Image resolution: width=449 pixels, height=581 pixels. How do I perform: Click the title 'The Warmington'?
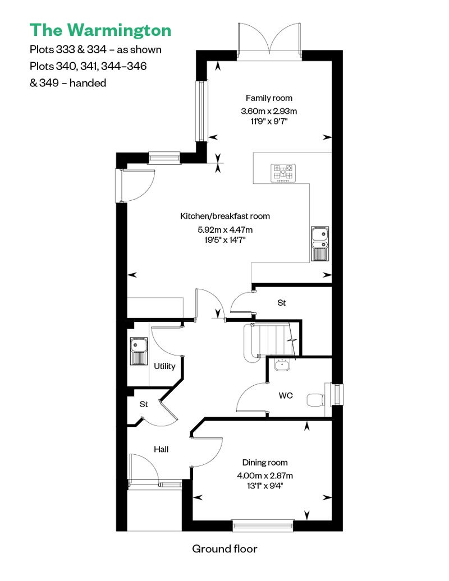(100, 30)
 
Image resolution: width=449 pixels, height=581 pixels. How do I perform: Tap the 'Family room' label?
(269, 98)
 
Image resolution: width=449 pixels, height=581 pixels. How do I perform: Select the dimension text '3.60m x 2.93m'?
(269, 111)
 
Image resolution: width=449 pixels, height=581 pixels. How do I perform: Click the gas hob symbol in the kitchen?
(283, 173)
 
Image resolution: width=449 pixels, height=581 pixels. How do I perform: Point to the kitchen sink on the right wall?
(319, 243)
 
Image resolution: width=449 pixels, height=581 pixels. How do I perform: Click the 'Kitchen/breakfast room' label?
(225, 216)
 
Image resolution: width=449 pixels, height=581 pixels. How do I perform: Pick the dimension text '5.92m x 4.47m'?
(225, 229)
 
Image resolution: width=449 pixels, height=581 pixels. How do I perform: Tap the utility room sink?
(138, 351)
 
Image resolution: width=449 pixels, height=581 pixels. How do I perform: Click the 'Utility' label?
(164, 366)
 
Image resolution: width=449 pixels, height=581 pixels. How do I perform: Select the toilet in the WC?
(316, 400)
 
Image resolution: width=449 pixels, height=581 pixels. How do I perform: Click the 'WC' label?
(286, 395)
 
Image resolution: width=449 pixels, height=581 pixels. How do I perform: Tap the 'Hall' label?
(161, 449)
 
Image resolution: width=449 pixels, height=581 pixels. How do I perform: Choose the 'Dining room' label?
(265, 463)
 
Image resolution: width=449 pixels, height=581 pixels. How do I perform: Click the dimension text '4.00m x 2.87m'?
(265, 476)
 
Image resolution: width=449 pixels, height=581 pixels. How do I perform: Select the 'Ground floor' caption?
(224, 549)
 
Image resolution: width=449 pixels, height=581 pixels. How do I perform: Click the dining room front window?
(263, 525)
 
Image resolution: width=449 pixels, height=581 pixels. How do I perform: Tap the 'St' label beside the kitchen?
(281, 303)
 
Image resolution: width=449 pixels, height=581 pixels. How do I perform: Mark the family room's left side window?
(201, 110)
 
